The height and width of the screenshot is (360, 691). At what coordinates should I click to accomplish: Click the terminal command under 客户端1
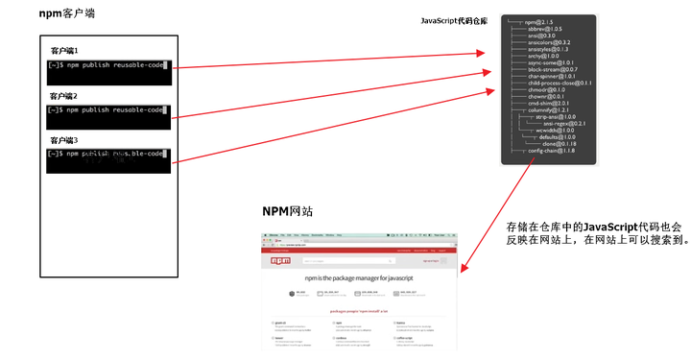112,65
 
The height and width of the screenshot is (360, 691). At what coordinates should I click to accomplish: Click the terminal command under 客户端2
112,110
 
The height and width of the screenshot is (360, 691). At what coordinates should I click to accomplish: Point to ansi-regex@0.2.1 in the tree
563,123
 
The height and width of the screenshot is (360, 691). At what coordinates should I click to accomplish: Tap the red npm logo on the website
281,260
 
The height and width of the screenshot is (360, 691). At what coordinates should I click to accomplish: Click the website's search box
336,260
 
